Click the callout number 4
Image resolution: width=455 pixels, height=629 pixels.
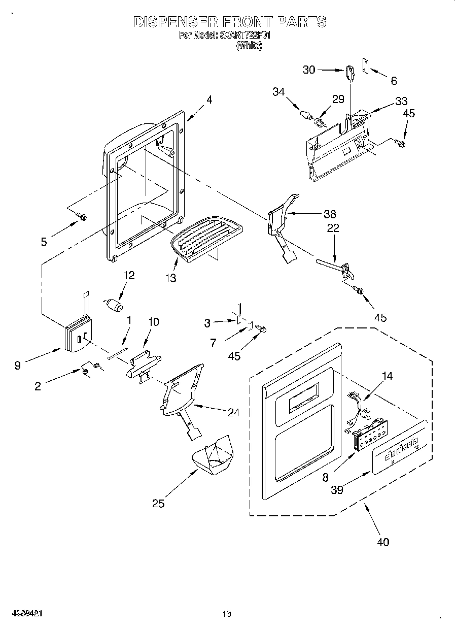209,100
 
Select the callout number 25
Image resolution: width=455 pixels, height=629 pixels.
159,504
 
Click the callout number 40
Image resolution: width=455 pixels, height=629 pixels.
383,542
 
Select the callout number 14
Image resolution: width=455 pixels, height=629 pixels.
387,377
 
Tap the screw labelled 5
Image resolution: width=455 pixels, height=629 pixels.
81,217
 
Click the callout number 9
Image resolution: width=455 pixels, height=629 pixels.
18,365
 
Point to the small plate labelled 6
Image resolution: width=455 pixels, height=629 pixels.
365,65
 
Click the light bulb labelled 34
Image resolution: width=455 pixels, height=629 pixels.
306,115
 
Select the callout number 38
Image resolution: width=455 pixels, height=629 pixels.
330,214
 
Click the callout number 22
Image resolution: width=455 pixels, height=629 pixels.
333,228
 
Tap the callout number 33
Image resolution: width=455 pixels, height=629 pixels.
401,101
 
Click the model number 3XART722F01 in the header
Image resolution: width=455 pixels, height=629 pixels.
246,36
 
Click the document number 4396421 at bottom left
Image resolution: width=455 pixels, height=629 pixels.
24,613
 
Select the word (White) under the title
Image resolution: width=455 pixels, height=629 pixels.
249,46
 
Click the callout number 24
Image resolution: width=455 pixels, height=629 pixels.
233,413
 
